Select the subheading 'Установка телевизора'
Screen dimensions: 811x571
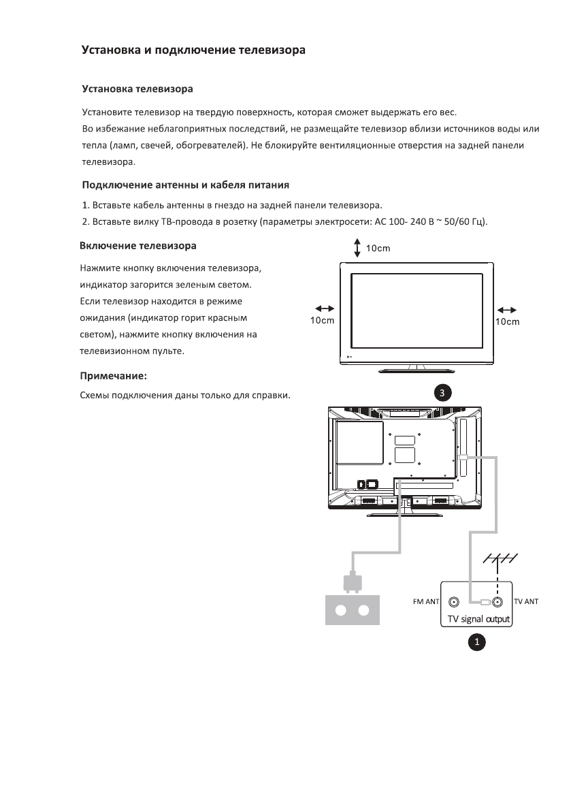pos(137,89)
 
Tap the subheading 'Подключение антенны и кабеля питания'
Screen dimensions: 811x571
pos(186,184)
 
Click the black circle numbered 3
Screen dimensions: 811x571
pos(442,393)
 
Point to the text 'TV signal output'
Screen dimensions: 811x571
pos(478,619)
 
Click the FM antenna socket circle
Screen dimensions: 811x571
pos(453,602)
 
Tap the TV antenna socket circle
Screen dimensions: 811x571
pos(497,602)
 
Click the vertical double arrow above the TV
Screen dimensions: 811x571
pos(357,248)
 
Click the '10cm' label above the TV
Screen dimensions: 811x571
pos(378,248)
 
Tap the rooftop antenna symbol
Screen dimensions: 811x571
pos(500,558)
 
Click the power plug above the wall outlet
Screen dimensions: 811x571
pos(352,582)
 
